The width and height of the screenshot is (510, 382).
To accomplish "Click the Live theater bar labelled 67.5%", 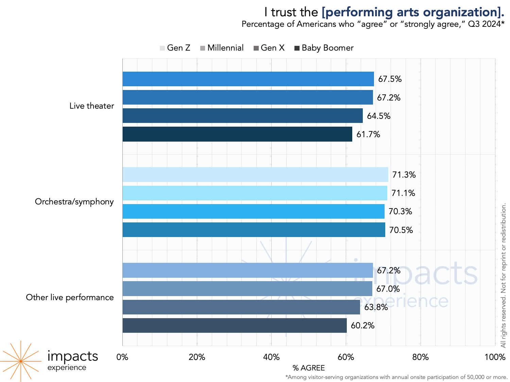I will point(248,79).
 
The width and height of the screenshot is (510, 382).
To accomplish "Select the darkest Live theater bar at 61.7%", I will point(237,134).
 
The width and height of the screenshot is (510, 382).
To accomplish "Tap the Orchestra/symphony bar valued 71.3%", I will point(255,175).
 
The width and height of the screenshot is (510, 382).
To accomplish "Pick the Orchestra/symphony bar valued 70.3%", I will point(253,211).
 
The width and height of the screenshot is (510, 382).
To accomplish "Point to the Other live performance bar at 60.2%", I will point(235,325).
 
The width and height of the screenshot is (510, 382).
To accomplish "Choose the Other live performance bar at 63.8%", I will point(241,307).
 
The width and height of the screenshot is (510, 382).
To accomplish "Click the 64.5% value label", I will point(378,116).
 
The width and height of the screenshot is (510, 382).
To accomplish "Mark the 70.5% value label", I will point(401,230).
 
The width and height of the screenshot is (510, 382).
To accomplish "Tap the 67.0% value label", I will point(388,289).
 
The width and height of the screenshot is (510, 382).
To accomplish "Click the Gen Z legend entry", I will point(175,48).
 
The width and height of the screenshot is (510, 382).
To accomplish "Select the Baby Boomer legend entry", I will point(324,48).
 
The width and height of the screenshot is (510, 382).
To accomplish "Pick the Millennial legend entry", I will point(222,48).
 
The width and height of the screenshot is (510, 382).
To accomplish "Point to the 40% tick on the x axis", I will point(271,357).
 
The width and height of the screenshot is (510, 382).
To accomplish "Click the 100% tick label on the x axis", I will point(495,357).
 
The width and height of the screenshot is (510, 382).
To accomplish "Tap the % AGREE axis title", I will point(308,368).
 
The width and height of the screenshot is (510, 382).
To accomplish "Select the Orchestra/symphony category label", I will point(74,202).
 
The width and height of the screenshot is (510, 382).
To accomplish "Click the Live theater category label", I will point(91,106).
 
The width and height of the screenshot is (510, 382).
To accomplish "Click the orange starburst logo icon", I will point(21,361).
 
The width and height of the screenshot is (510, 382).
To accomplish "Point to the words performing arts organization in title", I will point(412,12).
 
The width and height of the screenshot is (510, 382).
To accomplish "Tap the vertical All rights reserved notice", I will point(504,275).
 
